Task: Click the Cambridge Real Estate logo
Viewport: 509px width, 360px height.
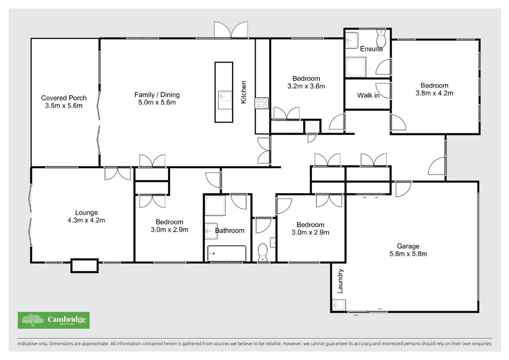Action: [54, 320]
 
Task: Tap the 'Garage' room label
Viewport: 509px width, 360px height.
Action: [408, 246]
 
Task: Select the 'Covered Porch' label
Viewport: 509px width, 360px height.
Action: [64, 98]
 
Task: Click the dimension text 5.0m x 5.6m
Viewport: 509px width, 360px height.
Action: [157, 102]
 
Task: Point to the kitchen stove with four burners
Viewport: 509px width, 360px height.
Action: [261, 103]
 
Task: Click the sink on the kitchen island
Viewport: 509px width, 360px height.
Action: [225, 97]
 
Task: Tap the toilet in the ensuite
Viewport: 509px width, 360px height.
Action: [381, 38]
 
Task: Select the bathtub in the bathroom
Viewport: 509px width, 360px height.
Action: [226, 253]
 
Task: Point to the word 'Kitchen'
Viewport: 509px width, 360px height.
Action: [243, 92]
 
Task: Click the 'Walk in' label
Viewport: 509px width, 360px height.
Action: [368, 95]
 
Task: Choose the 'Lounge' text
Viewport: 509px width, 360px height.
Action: [86, 212]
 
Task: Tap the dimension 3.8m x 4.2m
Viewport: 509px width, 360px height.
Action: [434, 93]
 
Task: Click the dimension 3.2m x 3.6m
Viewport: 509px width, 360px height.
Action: [306, 86]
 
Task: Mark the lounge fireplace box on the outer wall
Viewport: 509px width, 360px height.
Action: [85, 265]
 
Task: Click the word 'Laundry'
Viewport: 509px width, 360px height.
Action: [340, 281]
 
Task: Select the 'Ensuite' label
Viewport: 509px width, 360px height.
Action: [371, 49]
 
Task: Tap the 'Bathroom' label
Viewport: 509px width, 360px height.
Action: [230, 230]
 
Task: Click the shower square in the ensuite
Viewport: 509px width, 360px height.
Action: [356, 67]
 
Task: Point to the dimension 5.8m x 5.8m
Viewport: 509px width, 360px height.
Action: [408, 254]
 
